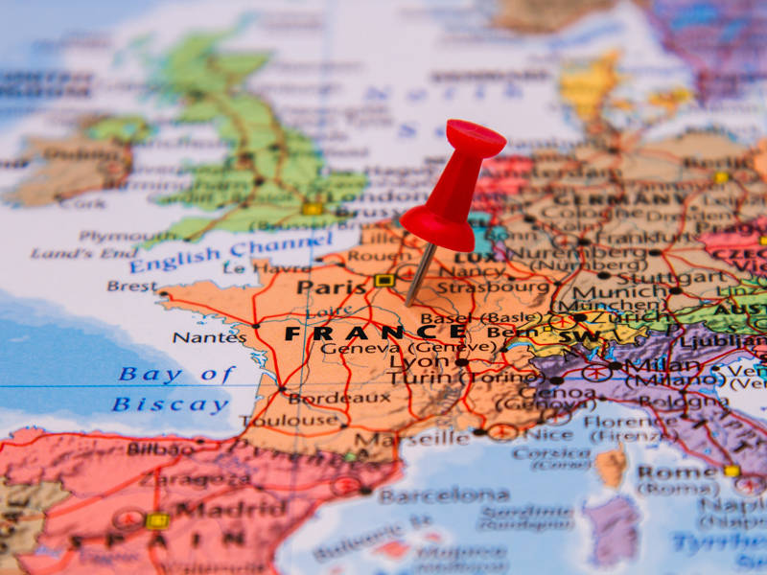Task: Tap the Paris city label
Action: click(318, 287)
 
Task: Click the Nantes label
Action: click(209, 337)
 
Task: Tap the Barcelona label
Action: click(443, 495)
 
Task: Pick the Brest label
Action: click(131, 286)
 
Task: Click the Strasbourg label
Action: click(493, 287)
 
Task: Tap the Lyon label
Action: click(419, 362)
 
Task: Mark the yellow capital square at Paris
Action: click(384, 281)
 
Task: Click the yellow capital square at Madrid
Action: click(157, 520)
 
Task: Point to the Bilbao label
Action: click(159, 448)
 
